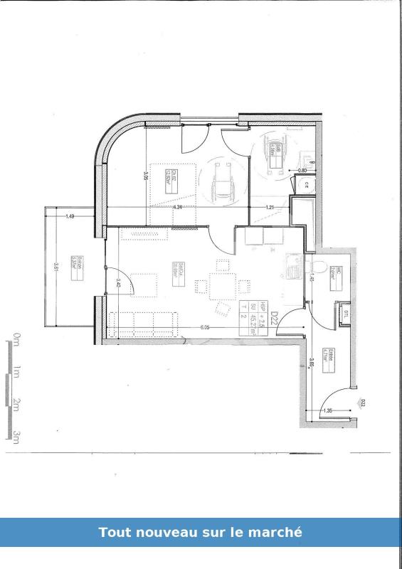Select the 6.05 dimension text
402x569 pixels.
click(x=204, y=327)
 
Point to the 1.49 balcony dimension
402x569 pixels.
click(x=70, y=216)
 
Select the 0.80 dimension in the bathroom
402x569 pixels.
click(x=302, y=171)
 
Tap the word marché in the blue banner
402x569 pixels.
click(x=279, y=532)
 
